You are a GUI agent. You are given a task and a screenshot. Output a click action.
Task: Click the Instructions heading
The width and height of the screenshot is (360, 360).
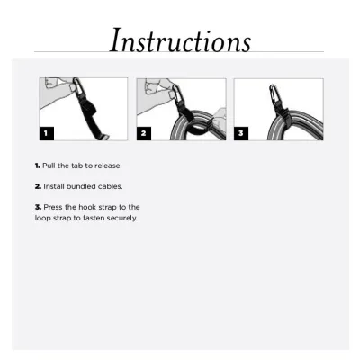point(180,40)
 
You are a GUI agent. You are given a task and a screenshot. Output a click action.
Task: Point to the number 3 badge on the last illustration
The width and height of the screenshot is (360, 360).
point(241,133)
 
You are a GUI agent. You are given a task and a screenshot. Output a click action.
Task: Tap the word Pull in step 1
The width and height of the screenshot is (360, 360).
point(50,166)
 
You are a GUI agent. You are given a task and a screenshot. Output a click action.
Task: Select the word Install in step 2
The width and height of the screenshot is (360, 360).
point(56,186)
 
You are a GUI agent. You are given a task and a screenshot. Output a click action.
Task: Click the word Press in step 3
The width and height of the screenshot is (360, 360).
point(54,207)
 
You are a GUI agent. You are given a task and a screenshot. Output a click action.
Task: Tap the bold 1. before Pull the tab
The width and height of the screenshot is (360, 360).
point(38,166)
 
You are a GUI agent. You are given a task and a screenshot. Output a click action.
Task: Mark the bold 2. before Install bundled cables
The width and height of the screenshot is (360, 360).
point(38,186)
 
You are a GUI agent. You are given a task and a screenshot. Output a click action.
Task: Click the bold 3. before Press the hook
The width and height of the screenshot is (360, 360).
point(38,207)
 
